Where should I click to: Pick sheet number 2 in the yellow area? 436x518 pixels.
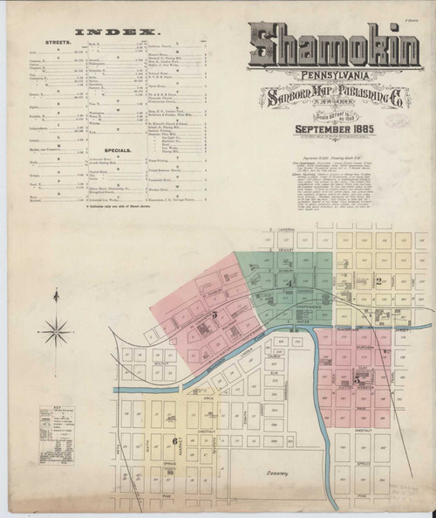380,281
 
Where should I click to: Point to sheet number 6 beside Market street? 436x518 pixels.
176,440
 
